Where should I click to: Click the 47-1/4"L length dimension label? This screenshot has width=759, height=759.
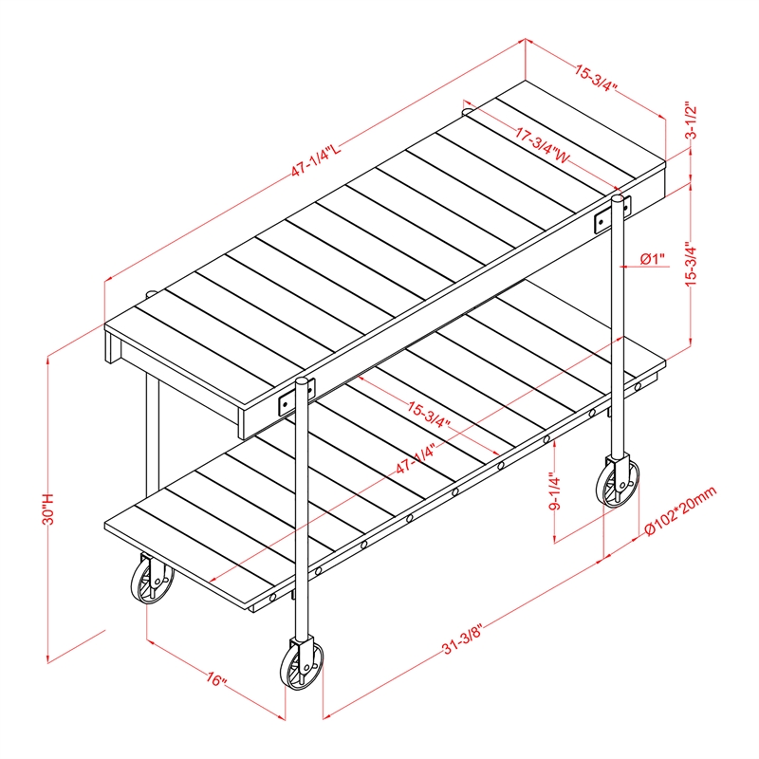[316, 159]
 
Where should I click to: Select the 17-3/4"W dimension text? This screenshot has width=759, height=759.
[542, 145]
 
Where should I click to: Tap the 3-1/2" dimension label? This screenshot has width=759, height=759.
[692, 120]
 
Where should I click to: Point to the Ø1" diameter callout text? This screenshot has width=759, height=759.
[653, 259]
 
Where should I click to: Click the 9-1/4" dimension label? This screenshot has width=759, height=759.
[555, 492]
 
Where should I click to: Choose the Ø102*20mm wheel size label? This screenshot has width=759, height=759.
[681, 511]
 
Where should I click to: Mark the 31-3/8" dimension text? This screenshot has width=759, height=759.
[462, 639]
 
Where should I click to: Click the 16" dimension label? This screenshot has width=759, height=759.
[216, 679]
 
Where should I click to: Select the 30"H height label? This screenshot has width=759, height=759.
[49, 509]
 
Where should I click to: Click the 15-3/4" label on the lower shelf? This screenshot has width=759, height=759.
[429, 415]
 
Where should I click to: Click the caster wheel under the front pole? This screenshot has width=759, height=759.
[302, 662]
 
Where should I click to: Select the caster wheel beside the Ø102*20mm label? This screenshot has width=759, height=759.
[618, 481]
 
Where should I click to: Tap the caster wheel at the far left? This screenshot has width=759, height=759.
[152, 579]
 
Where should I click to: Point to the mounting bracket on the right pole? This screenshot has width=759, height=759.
[612, 213]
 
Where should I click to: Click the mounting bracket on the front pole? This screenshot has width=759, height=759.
[297, 397]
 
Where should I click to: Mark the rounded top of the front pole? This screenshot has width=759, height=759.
[302, 381]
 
